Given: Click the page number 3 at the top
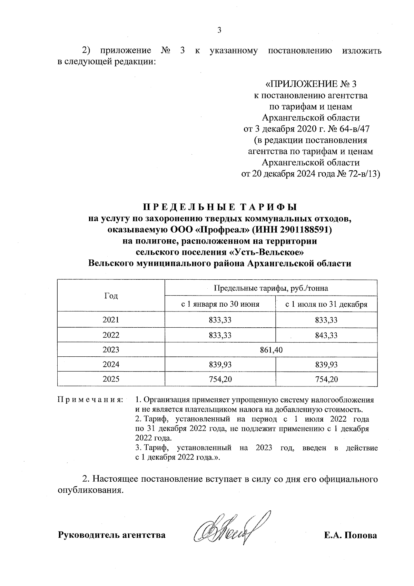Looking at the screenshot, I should pyautogui.click(x=219, y=30).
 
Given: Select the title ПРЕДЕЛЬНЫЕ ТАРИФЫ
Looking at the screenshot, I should pyautogui.click(x=220, y=207).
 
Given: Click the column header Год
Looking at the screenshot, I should pyautogui.click(x=111, y=296).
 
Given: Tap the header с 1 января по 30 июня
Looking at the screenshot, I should pyautogui.click(x=220, y=304).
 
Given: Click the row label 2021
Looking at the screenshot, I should pyautogui.click(x=111, y=320).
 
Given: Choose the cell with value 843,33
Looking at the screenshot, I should pyautogui.click(x=326, y=335).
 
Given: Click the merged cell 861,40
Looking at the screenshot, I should pyautogui.click(x=272, y=350).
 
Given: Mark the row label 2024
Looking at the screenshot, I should pyautogui.click(x=111, y=365).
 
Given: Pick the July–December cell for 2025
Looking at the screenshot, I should pyautogui.click(x=326, y=380).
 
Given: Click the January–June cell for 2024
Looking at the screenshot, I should pyautogui.click(x=220, y=365).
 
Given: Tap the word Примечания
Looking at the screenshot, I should pyautogui.click(x=90, y=400).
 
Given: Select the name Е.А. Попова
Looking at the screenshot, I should pyautogui.click(x=350, y=535).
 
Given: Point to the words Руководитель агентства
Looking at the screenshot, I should pyautogui.click(x=111, y=535).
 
